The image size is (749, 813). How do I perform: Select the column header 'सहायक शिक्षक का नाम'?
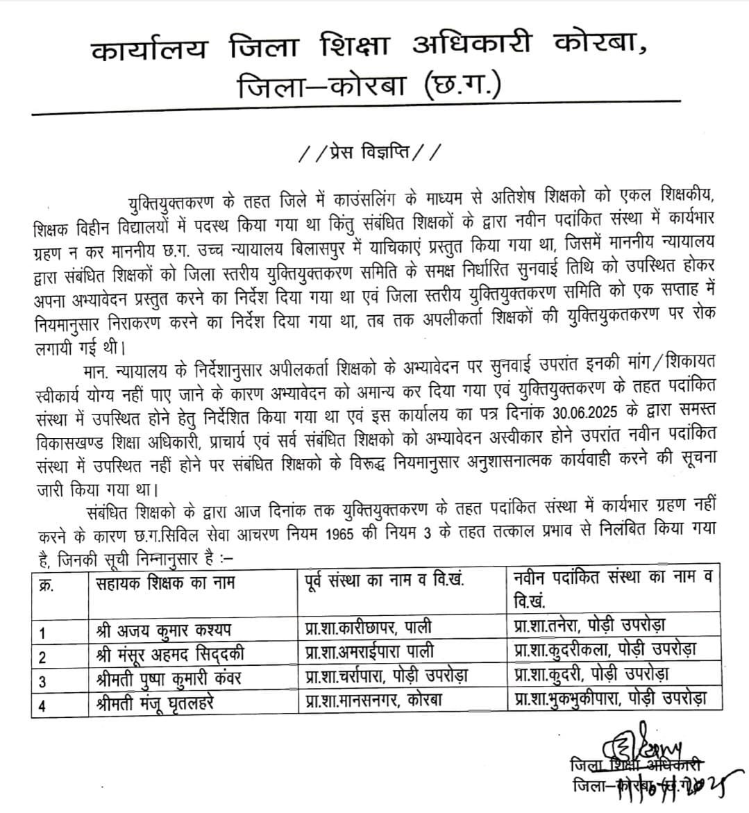(x=165, y=582)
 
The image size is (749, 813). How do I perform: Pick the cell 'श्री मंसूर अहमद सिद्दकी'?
(x=170, y=653)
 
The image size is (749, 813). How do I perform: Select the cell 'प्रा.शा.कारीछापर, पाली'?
(x=368, y=627)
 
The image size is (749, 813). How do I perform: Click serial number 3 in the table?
(x=43, y=681)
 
